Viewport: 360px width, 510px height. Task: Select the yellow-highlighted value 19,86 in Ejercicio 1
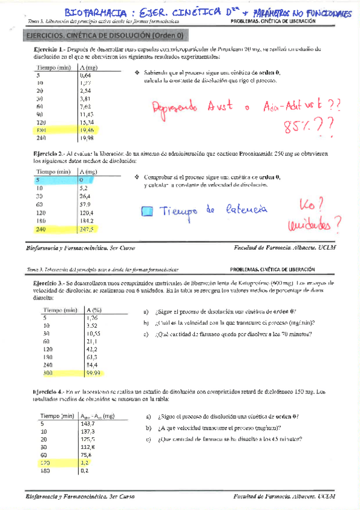tap(88, 129)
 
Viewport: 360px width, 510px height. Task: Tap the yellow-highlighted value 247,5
tap(87, 229)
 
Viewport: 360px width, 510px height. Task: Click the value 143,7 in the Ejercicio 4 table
tap(88, 423)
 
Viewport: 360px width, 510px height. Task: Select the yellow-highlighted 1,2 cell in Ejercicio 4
tap(85, 463)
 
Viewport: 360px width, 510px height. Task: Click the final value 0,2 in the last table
tap(85, 471)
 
